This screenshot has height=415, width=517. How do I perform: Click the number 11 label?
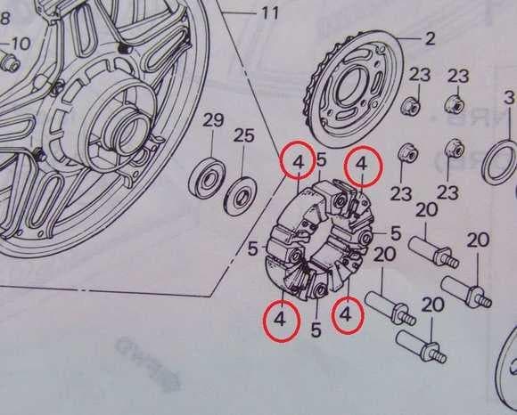(270, 14)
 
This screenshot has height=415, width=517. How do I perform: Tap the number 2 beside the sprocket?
(430, 38)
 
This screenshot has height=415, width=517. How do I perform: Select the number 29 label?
(213, 120)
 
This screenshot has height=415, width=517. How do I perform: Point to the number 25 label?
(243, 135)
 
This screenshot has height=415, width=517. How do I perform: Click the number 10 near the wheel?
(21, 44)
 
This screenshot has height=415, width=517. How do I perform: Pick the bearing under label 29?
(207, 178)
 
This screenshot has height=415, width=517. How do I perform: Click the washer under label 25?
(240, 196)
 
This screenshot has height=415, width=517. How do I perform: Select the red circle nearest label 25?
(298, 159)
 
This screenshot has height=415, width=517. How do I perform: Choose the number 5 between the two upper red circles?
(321, 160)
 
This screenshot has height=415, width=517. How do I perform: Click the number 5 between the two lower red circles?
(316, 330)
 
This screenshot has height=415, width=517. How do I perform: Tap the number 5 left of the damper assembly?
(252, 249)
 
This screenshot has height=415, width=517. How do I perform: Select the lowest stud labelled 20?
(421, 346)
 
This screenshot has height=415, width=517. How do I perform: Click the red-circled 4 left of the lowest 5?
(282, 320)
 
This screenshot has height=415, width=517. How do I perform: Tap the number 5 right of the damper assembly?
(396, 233)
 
